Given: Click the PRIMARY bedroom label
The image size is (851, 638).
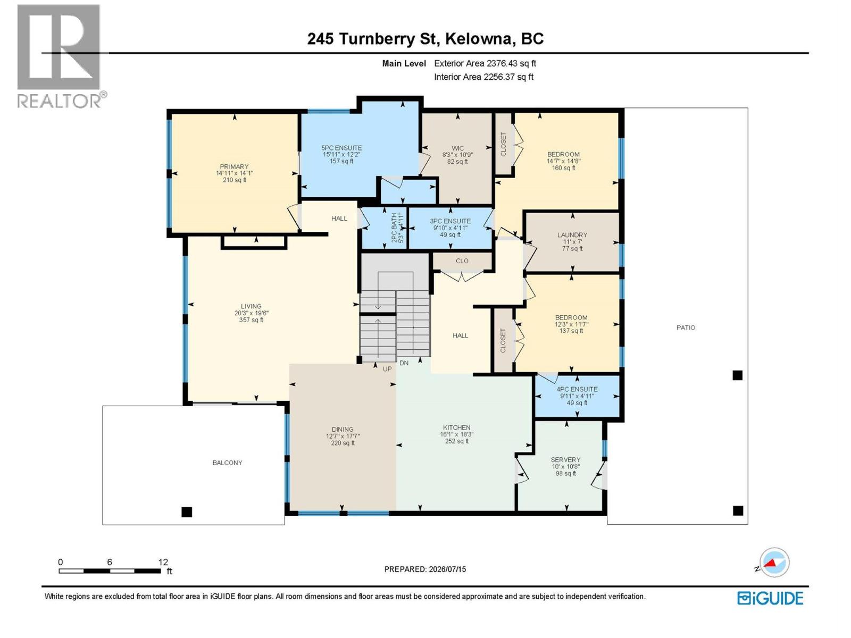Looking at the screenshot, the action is [234, 166].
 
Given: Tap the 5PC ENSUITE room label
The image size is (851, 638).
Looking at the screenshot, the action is [341, 148].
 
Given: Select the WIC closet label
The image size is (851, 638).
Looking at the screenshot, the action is [457, 148].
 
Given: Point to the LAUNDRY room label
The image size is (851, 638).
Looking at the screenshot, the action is [572, 235].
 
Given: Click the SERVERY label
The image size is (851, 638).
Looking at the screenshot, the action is [566, 460].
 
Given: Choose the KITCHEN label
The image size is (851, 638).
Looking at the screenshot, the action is [457, 427].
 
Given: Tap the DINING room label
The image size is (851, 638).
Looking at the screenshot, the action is [343, 429].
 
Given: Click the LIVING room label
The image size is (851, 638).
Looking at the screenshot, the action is [251, 306].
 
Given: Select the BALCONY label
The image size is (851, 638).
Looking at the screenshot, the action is [227, 463].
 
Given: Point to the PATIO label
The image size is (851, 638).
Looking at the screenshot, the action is [686, 328].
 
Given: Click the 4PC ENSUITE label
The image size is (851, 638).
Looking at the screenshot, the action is [577, 389].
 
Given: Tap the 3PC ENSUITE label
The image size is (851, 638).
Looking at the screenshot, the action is [450, 221].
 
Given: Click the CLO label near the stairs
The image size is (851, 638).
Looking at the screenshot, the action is [462, 261].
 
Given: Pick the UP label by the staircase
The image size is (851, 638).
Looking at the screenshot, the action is [387, 369].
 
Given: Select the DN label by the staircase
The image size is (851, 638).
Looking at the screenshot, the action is [404, 363].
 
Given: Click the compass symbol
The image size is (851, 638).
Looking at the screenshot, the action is [774, 562].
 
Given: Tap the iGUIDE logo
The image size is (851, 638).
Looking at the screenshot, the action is [770, 599].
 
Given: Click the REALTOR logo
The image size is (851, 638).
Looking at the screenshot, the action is [61, 56].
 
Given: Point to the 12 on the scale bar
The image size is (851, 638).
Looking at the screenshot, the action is [163, 562].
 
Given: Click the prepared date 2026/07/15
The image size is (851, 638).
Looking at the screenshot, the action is [447, 569].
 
